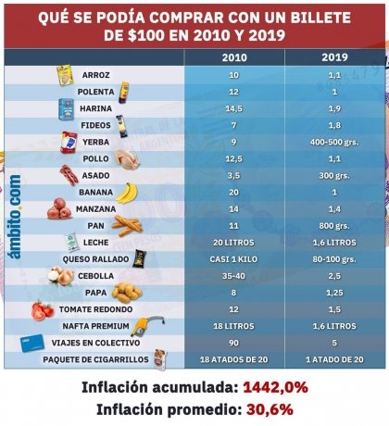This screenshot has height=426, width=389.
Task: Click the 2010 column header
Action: pyautogui.click(x=234, y=57)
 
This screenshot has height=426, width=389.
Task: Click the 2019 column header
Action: pyautogui.click(x=334, y=57)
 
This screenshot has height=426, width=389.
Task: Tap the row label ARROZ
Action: pyautogui.click(x=95, y=75)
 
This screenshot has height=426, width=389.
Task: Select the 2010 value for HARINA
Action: pyautogui.click(x=233, y=108)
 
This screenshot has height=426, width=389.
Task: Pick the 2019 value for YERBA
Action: pyautogui.click(x=334, y=143)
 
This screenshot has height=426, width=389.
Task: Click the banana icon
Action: pyautogui.click(x=127, y=193)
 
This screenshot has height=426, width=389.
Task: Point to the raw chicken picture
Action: pyautogui.click(x=128, y=159)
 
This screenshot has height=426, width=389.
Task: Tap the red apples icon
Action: pyautogui.click(x=59, y=209)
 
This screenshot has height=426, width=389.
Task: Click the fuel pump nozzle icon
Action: pyautogui.click(x=147, y=326)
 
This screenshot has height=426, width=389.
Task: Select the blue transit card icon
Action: pyautogui.click(x=32, y=343)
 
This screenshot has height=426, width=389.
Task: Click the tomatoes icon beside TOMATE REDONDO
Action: pyautogui.click(x=43, y=310)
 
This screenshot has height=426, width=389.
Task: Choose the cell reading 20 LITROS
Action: pyautogui.click(x=233, y=243)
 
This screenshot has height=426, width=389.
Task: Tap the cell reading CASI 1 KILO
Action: pyautogui.click(x=233, y=259)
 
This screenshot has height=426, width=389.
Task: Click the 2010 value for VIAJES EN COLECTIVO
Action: pyautogui.click(x=233, y=343)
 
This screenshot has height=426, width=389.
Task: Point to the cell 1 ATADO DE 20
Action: pyautogui.click(x=334, y=359)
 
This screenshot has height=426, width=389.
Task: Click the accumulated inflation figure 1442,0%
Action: pyautogui.click(x=275, y=387)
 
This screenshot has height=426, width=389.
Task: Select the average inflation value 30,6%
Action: pyautogui.click(x=270, y=409)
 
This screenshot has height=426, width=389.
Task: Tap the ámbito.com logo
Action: pyautogui.click(x=15, y=217)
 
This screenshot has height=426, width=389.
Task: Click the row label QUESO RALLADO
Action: pyautogui.click(x=95, y=259)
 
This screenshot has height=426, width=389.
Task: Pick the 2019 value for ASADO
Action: pyautogui.click(x=334, y=176)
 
